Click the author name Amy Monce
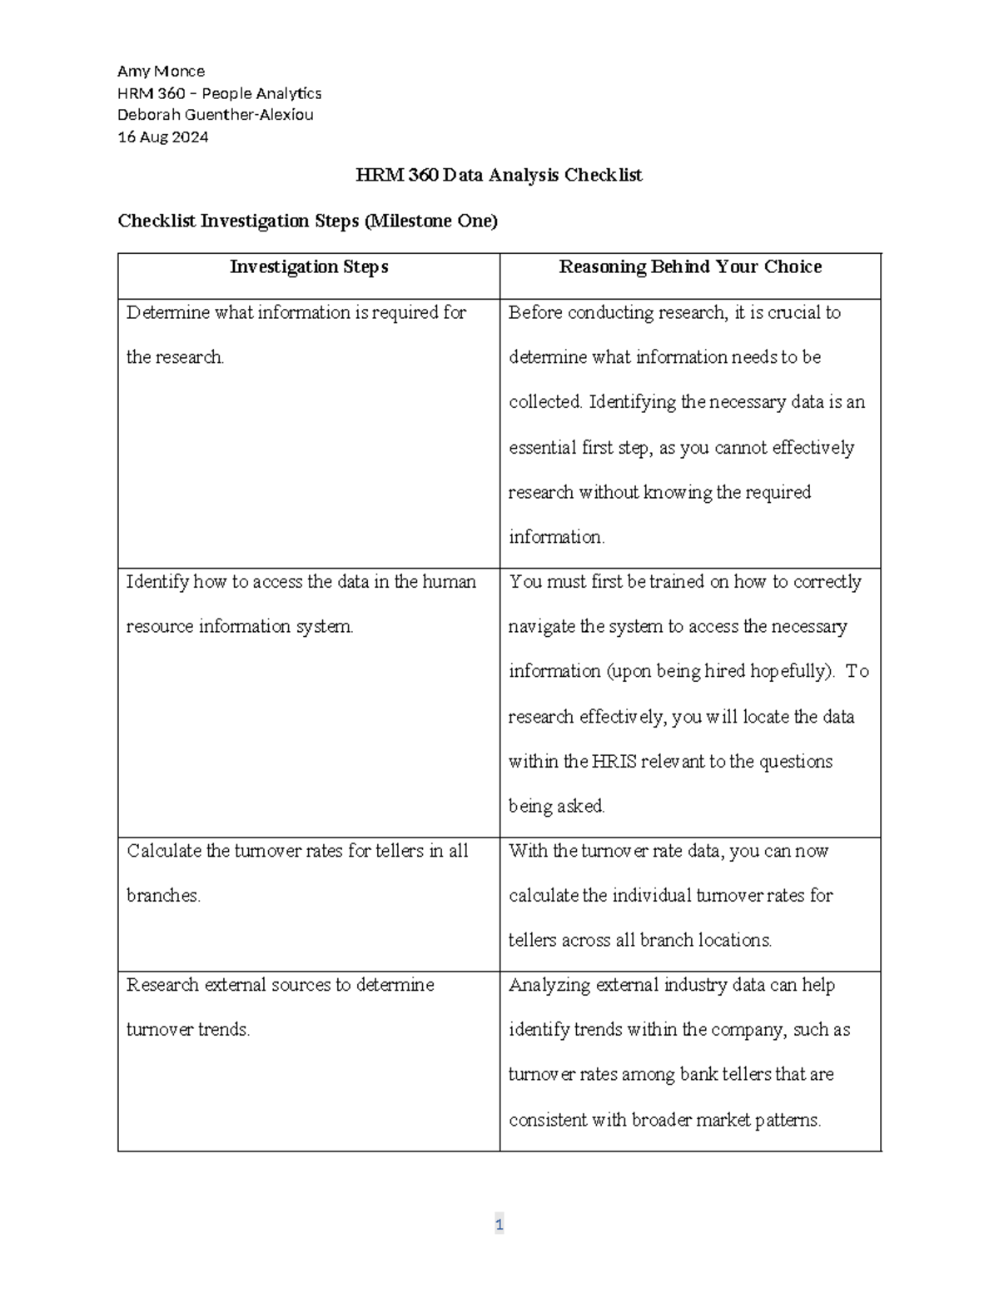(x=161, y=71)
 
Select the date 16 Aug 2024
(x=163, y=137)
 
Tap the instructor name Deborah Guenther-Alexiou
(x=216, y=115)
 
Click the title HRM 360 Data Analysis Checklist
(x=499, y=175)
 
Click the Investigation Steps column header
(x=309, y=266)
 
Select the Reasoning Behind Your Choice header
(x=690, y=266)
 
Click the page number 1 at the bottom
(x=499, y=1224)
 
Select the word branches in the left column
(x=162, y=896)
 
